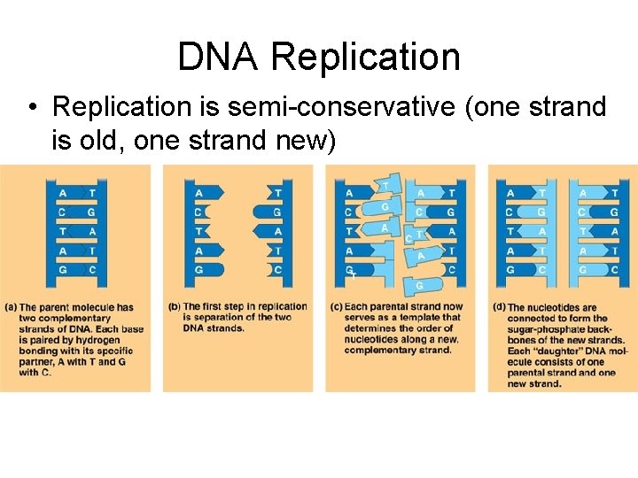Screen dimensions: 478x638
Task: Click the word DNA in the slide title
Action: [x=218, y=57]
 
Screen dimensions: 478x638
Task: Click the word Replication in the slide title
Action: [x=365, y=57]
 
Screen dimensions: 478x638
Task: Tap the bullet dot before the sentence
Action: [x=32, y=108]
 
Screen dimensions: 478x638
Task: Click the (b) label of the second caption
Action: [x=173, y=307]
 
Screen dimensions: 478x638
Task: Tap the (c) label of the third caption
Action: [x=336, y=307]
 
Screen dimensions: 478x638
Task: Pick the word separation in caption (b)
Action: [x=210, y=318]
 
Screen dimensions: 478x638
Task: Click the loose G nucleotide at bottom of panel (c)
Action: [x=419, y=285]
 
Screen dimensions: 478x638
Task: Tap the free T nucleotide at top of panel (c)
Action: [x=385, y=184]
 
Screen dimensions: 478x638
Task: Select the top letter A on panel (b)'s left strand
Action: [x=198, y=193]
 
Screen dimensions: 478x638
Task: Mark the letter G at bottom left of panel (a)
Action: [x=61, y=270]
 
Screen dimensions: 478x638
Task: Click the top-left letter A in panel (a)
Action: [x=61, y=193]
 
